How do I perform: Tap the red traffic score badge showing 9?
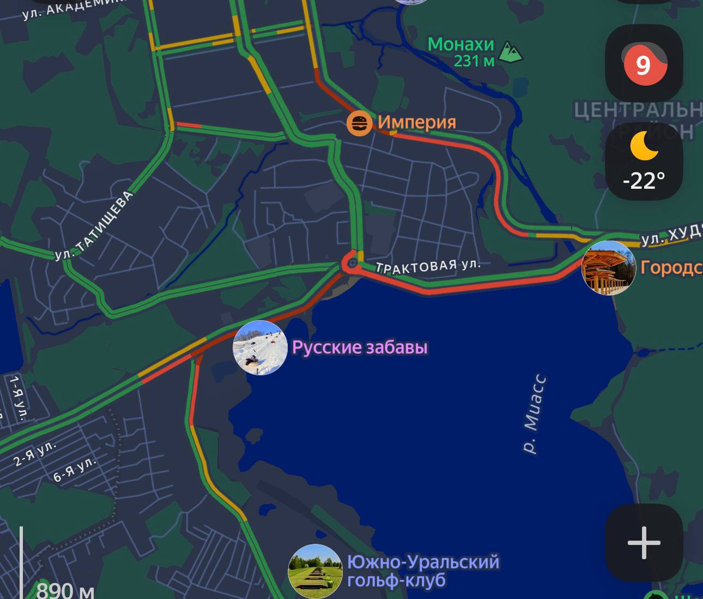coord(644,64)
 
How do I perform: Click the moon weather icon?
coord(644,146)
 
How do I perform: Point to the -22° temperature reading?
coord(644,180)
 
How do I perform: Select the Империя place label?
coord(417,122)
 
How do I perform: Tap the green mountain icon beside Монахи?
coord(511,52)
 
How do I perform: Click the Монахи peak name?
coord(460,44)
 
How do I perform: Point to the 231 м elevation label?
coord(474,61)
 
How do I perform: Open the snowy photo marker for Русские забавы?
coord(260,348)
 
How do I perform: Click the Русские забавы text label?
coord(360,348)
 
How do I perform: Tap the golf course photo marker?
coord(315,571)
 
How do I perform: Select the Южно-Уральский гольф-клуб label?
coord(423,571)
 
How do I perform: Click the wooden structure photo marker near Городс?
coord(608,268)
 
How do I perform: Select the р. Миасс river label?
coord(534,414)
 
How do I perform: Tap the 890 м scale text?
coord(65,591)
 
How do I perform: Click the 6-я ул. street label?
coord(75,469)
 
